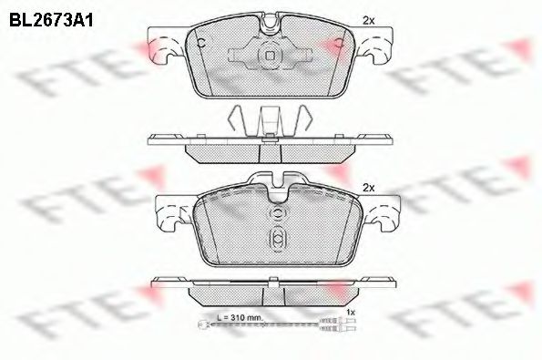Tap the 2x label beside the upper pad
click(x=368, y=19)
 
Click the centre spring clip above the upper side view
click(x=270, y=121)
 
